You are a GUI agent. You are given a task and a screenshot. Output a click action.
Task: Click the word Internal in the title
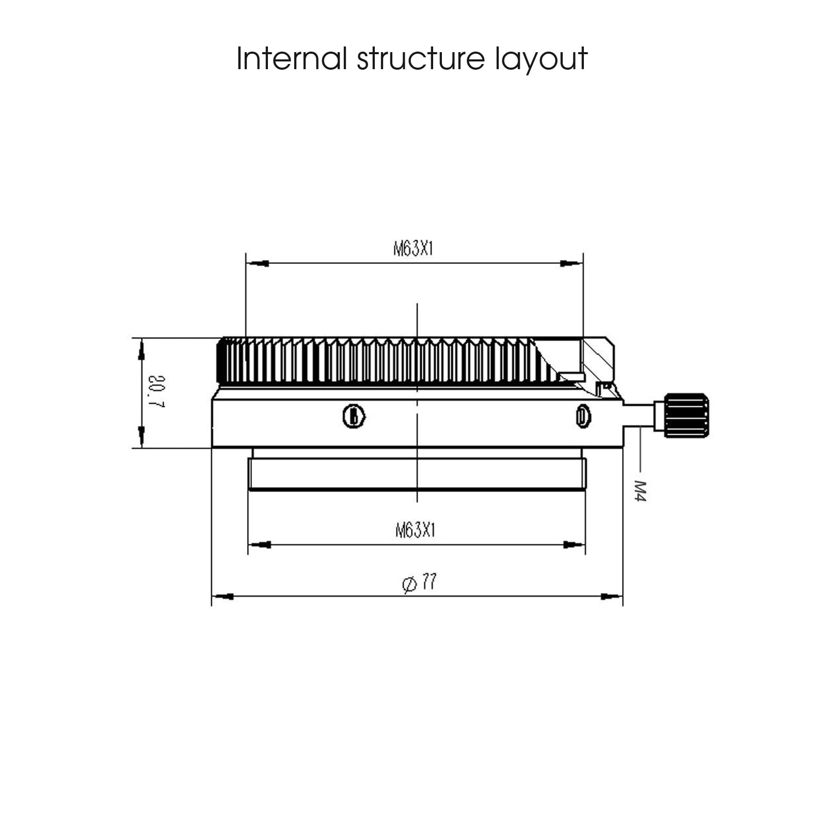pos(292,58)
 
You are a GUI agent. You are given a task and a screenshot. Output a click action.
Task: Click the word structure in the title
pos(421,58)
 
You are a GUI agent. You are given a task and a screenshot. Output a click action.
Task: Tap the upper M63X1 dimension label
pos(413,249)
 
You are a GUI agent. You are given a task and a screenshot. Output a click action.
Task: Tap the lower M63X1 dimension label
pos(416,530)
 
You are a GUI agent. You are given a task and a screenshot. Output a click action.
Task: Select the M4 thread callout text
pos(640,491)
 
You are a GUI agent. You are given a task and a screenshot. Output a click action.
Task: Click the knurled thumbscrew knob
pos(686,416)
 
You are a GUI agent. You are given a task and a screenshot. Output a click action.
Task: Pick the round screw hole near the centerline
pos(354,416)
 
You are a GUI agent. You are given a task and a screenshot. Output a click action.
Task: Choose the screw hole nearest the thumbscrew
pos(583,416)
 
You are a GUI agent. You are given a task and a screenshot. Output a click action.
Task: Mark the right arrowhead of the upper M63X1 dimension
pos(571,264)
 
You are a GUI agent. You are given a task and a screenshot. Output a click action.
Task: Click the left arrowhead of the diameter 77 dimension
pos(223,596)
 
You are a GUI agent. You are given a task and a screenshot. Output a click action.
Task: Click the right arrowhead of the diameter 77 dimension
pos(611,596)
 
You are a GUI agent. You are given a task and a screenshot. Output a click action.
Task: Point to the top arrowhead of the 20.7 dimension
pos(141,350)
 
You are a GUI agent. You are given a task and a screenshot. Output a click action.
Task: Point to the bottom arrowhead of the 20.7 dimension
pos(141,437)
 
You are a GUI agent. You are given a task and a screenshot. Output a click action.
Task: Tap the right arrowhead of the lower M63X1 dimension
pos(574,545)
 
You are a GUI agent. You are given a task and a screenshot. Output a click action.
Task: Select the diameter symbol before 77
pos(409,584)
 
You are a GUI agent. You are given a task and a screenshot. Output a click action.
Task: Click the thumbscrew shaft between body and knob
pos(639,416)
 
